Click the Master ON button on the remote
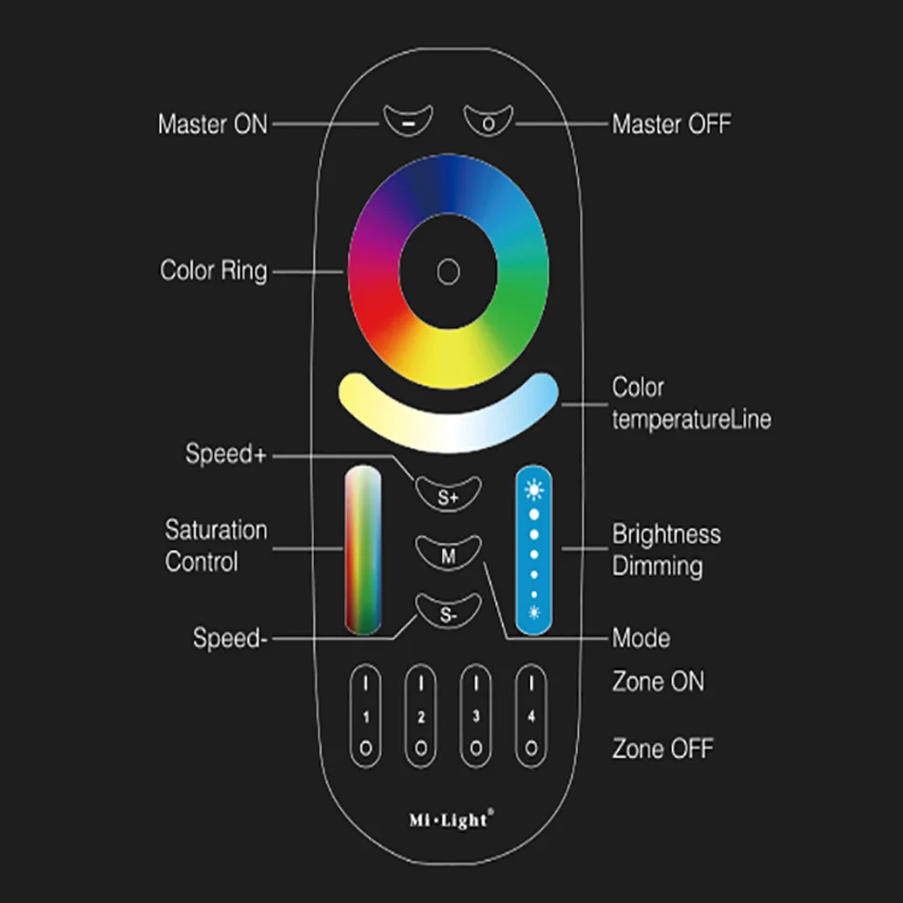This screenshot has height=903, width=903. click(x=407, y=121)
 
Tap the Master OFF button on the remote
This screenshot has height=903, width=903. click(x=489, y=121)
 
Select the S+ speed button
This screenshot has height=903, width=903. click(x=449, y=492)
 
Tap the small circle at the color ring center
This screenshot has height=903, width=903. click(x=448, y=272)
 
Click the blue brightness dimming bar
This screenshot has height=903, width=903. click(x=533, y=551)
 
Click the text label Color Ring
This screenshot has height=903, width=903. click(x=214, y=271)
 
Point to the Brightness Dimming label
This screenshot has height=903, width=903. click(x=665, y=550)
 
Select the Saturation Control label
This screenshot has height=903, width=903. click(x=216, y=546)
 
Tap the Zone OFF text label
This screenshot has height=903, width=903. click(x=663, y=749)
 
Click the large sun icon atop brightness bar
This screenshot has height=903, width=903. click(x=534, y=491)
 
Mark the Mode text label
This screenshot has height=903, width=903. click(x=641, y=638)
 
